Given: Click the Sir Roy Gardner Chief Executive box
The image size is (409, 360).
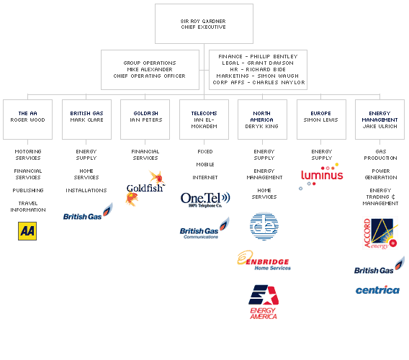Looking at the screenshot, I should pos(204,24).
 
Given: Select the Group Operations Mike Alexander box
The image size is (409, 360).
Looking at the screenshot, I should pos(149,69).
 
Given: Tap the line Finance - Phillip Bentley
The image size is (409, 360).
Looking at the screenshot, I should pos(258,56).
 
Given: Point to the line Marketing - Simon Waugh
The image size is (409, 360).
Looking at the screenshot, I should pos(258,76).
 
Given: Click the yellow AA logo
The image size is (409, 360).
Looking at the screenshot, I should pos(27,231).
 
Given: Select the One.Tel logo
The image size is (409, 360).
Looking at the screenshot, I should pos(204,199).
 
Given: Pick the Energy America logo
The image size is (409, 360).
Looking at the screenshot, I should pos(263,302).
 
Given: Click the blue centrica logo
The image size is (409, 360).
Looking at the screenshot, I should pos(377,289).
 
